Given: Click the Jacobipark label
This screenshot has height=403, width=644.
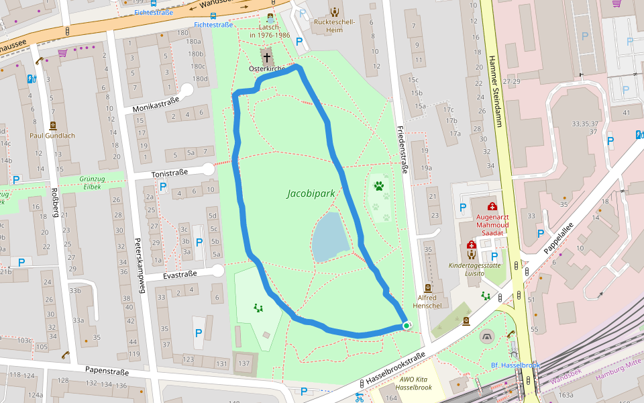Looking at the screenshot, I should coord(311,193).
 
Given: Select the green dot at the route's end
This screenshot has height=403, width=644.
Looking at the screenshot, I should coord(407,326).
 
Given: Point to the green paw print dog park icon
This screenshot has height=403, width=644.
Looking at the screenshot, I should coord(380,185).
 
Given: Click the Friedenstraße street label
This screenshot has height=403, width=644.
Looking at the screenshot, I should coord(402,149).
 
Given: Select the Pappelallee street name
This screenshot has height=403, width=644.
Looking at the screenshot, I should coord(559,238).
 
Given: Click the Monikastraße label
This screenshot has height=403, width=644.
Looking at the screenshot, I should coord(156,103).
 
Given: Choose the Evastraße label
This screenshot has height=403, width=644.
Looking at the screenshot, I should coord(180,274).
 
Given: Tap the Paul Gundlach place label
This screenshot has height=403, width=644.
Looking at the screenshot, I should coord(52,135).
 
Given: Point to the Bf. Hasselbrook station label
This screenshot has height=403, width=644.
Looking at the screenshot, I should coord(515,365).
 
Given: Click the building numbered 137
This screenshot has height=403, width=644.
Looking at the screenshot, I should coord(244,363).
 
